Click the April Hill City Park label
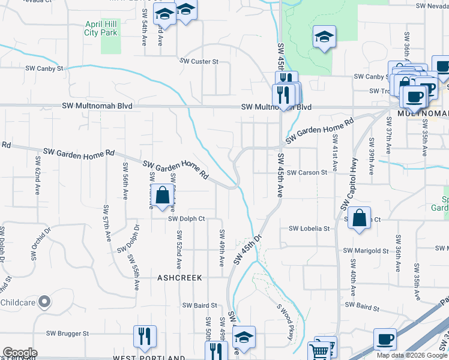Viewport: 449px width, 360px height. point(101,28)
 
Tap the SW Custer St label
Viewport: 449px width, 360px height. point(200,61)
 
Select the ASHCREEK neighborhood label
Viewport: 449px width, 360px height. point(179,278)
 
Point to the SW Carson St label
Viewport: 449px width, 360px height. point(307,172)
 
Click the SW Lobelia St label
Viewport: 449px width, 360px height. point(309,229)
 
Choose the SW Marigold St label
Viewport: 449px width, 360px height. point(367,250)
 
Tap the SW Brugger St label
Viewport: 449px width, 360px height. point(68,333)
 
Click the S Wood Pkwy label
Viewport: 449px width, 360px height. point(285,322)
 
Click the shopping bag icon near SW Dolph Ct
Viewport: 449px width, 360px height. point(162,196)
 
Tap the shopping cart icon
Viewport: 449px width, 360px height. point(319,351)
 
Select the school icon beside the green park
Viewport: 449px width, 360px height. point(324,37)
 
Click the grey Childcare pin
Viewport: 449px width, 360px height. point(44,302)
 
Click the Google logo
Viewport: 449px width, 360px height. point(19,352)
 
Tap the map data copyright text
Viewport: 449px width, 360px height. point(411,355)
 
